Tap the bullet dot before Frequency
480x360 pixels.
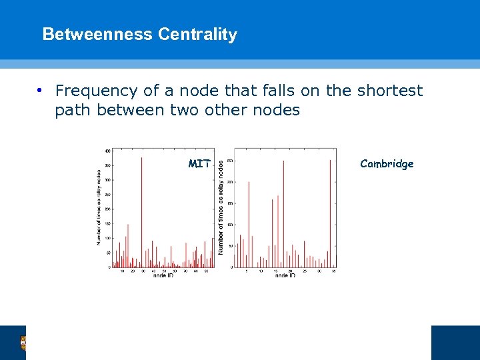(40, 91)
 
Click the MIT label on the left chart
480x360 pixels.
(199, 163)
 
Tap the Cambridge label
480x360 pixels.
(387, 163)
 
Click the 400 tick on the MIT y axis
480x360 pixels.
(107, 151)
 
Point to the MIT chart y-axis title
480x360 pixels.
(99, 207)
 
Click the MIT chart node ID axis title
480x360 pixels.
(163, 275)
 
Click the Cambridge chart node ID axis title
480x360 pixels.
(285, 275)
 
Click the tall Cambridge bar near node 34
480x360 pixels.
(330, 213)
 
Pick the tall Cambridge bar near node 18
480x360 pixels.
(283, 213)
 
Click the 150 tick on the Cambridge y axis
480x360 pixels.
(230, 203)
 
